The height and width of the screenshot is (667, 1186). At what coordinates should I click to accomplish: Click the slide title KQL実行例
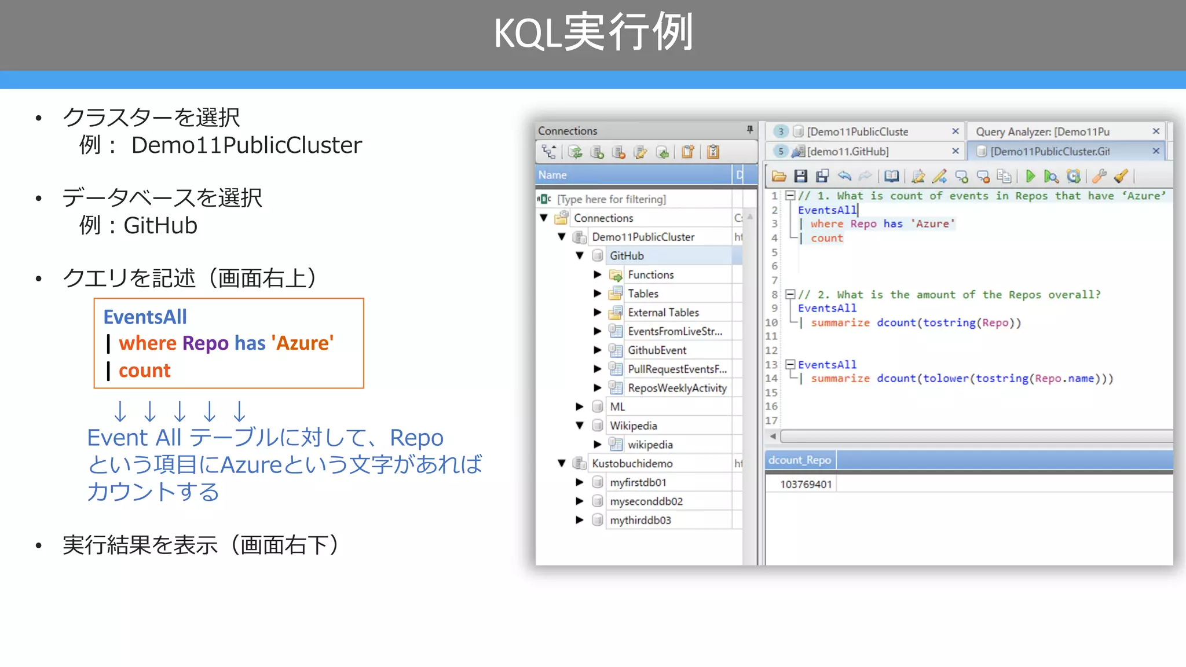pyautogui.click(x=593, y=33)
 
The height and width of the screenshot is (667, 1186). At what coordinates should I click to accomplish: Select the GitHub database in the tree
pyautogui.click(x=627, y=256)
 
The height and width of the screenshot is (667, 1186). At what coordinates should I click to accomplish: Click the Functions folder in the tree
pyautogui.click(x=650, y=275)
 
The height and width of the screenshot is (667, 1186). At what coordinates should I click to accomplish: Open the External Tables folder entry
pyautogui.click(x=663, y=313)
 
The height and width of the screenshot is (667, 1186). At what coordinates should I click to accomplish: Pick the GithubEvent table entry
pyautogui.click(x=657, y=350)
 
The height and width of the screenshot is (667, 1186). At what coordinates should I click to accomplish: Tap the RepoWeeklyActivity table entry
pyautogui.click(x=677, y=388)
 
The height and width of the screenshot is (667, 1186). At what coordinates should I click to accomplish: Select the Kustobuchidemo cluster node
pyautogui.click(x=632, y=464)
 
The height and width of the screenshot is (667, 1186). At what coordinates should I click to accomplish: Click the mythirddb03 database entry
pyautogui.click(x=640, y=520)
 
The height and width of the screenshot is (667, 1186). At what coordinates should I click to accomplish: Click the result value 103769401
pyautogui.click(x=806, y=484)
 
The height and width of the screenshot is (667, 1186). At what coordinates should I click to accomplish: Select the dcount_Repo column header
pyautogui.click(x=799, y=460)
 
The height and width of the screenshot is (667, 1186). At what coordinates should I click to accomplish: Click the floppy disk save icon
pyautogui.click(x=800, y=176)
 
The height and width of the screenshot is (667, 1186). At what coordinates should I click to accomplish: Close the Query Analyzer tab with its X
pyautogui.click(x=1156, y=131)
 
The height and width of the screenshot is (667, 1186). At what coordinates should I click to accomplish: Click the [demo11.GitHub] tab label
pyautogui.click(x=848, y=152)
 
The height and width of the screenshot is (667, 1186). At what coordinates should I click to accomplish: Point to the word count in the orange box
pyautogui.click(x=145, y=371)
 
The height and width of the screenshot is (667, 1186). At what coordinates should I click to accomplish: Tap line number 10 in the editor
pyautogui.click(x=771, y=322)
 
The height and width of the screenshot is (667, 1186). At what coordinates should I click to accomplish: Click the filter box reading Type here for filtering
pyautogui.click(x=612, y=199)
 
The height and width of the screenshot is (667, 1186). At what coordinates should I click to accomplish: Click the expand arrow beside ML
pyautogui.click(x=580, y=407)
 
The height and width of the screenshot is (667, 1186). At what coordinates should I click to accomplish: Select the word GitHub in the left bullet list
pyautogui.click(x=160, y=226)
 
